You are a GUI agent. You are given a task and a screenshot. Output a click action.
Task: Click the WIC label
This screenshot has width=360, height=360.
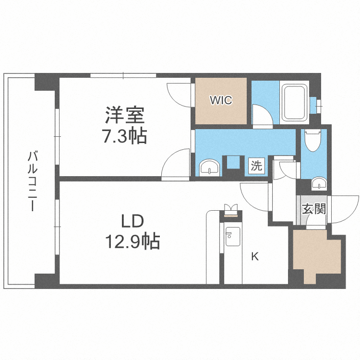click(221, 101)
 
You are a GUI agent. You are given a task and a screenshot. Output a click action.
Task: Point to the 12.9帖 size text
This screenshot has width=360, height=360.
click(132, 241)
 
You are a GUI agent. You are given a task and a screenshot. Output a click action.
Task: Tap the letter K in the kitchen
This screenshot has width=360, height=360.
click(255, 257)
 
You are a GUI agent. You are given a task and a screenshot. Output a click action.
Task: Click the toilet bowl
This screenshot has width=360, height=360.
click(313, 141)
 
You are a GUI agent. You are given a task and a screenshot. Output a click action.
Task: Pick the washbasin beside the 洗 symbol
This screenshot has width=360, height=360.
click(209, 168)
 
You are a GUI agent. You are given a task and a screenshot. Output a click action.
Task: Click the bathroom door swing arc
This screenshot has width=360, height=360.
click(262, 116)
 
